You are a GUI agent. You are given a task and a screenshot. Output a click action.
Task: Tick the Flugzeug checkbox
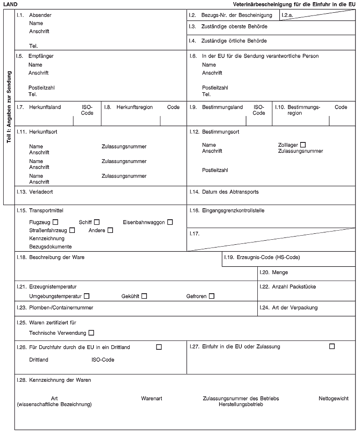pyautogui.click(x=55, y=222)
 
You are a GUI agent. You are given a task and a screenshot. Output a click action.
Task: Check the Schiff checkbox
pyautogui.click(x=97, y=222)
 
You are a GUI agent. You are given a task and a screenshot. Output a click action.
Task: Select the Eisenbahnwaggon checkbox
pyautogui.click(x=170, y=222)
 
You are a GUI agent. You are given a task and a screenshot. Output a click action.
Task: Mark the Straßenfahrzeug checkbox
pyautogui.click(x=72, y=230)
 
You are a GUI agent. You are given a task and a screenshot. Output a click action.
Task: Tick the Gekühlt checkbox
pyautogui.click(x=144, y=296)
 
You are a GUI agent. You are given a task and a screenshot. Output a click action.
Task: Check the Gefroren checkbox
pyautogui.click(x=212, y=296)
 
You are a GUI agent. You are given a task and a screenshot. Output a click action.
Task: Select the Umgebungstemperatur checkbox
pyautogui.click(x=87, y=296)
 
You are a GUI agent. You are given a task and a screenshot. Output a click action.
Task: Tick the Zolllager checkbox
pyautogui.click(x=303, y=145)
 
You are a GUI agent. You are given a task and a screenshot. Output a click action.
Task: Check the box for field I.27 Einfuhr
pyautogui.click(x=332, y=347)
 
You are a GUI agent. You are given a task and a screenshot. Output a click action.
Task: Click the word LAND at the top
pyautogui.click(x=10, y=5)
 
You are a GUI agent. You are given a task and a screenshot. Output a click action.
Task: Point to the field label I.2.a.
pyautogui.click(x=287, y=16)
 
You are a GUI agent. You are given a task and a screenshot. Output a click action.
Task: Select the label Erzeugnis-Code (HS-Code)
pyautogui.click(x=268, y=258)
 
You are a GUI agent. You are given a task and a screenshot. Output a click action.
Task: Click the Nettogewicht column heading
pyautogui.click(x=333, y=399)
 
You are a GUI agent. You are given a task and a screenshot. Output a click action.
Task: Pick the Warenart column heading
pyautogui.click(x=152, y=399)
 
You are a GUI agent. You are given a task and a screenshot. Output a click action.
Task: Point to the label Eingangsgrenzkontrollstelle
pyautogui.click(x=233, y=211)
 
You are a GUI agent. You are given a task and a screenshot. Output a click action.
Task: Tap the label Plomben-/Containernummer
pyautogui.click(x=61, y=308)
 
